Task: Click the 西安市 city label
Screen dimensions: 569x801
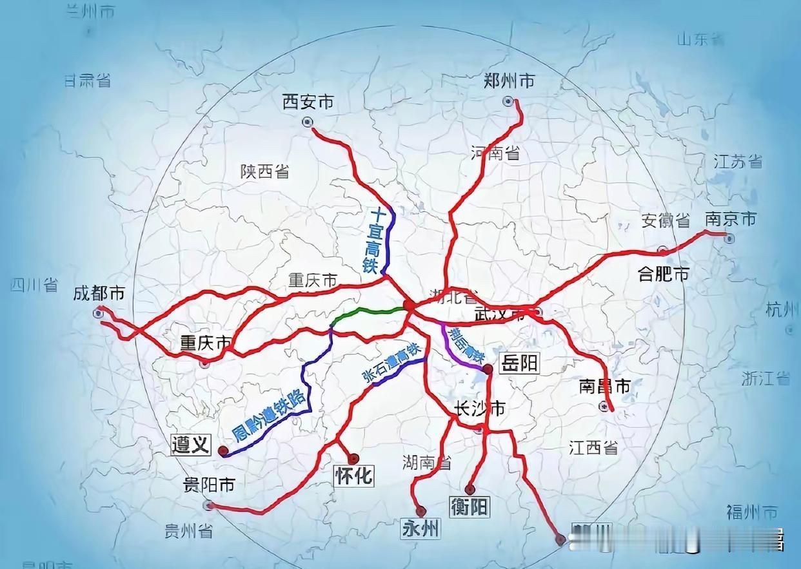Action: pyautogui.click(x=308, y=101)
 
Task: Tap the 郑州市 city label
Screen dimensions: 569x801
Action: pyautogui.click(x=509, y=81)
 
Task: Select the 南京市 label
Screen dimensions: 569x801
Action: pyautogui.click(x=731, y=219)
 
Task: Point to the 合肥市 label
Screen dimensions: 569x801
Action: pyautogui.click(x=663, y=275)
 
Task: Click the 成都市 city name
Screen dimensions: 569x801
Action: pyautogui.click(x=99, y=294)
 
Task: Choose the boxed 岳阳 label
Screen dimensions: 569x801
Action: pyautogui.click(x=519, y=364)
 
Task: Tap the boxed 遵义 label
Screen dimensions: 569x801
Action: pyautogui.click(x=191, y=444)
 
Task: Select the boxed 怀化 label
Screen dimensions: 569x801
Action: pyautogui.click(x=353, y=476)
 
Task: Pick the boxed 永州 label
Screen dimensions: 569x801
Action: pyautogui.click(x=420, y=529)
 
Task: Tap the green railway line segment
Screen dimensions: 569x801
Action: pyautogui.click(x=368, y=313)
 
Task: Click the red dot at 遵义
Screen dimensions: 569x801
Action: pyautogui.click(x=223, y=451)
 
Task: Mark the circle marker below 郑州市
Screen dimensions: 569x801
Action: pyautogui.click(x=509, y=101)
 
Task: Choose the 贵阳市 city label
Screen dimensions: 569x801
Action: pyautogui.click(x=208, y=485)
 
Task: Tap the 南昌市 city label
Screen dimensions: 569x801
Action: pyautogui.click(x=604, y=387)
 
